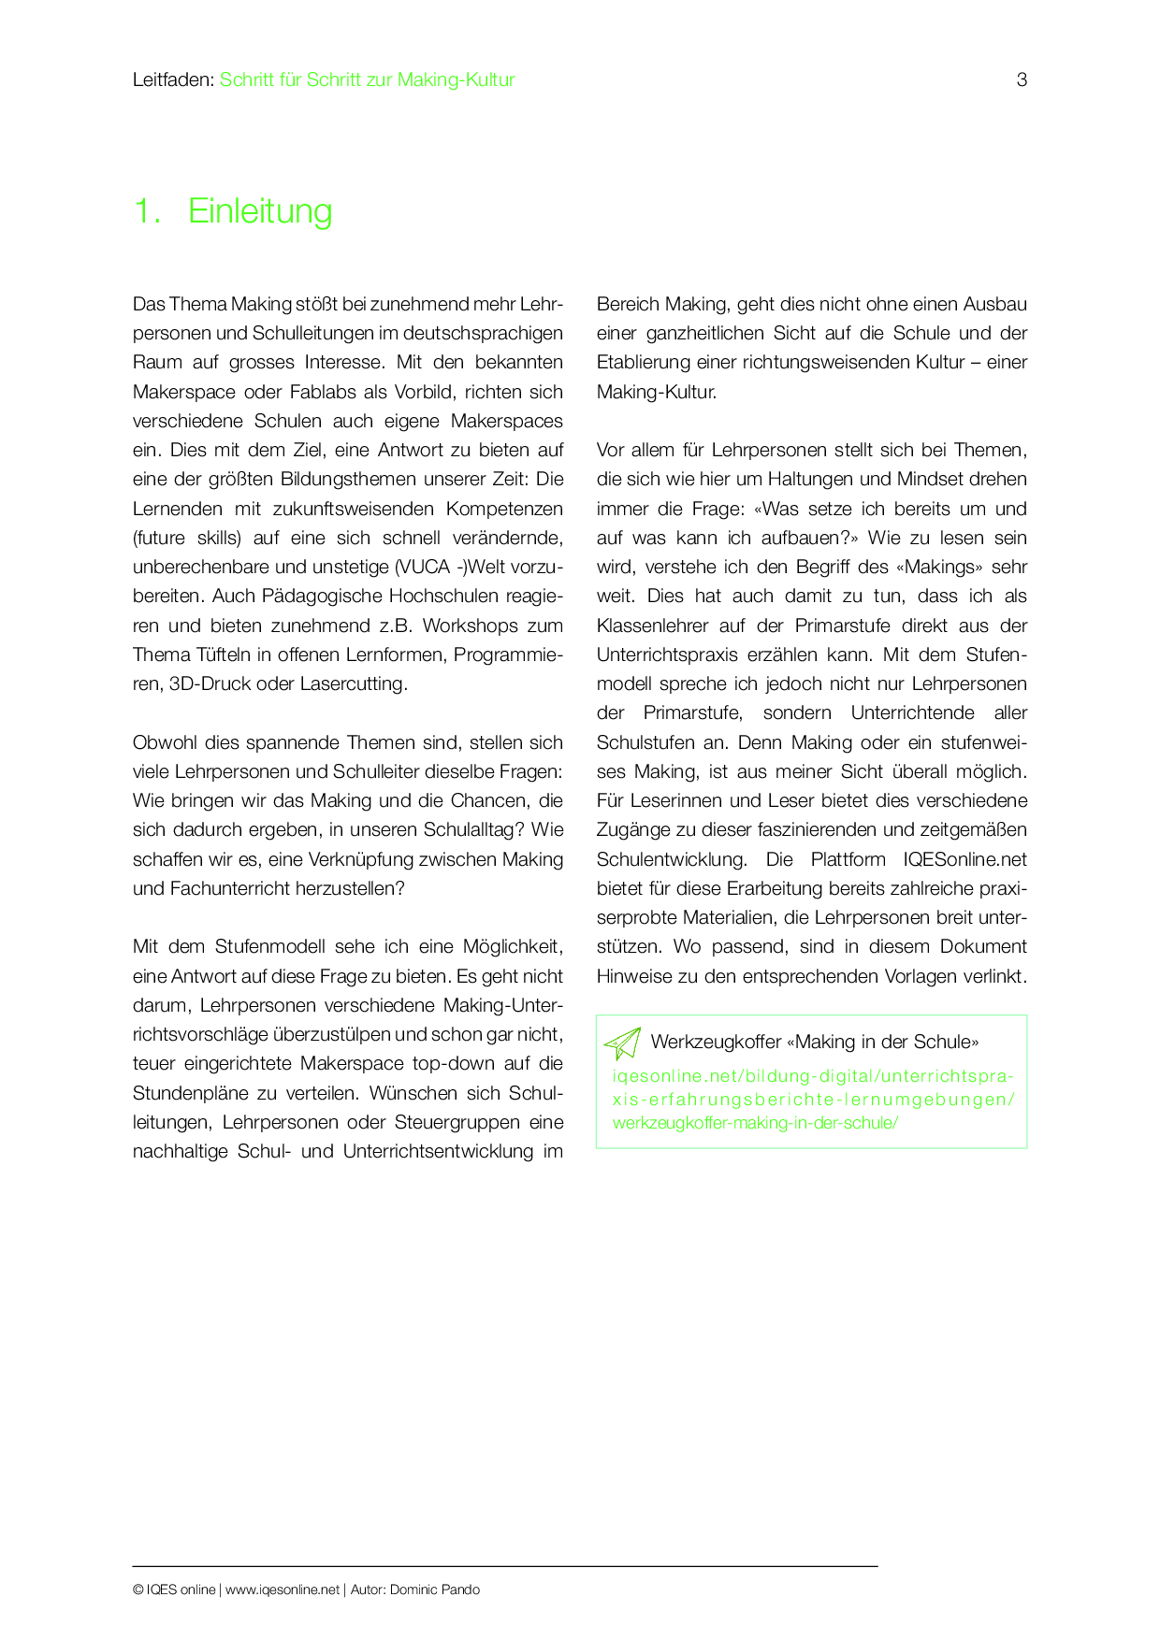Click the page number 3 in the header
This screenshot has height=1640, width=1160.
(x=1022, y=80)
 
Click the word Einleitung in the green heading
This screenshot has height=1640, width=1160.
(x=260, y=211)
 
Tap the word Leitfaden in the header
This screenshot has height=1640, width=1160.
(x=172, y=80)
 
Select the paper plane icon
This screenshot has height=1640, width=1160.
(x=622, y=1043)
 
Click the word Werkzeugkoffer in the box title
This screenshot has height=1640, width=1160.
(x=716, y=1042)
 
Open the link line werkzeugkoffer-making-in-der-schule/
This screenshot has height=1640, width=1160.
(x=755, y=1123)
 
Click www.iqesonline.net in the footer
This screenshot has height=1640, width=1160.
(x=283, y=1590)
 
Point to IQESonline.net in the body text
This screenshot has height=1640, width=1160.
(x=964, y=859)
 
